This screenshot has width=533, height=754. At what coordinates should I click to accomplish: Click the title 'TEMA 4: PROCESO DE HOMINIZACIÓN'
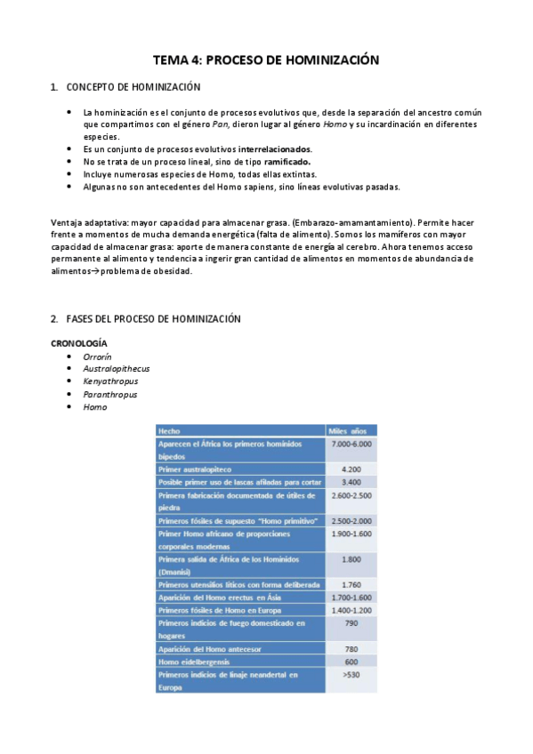(266, 60)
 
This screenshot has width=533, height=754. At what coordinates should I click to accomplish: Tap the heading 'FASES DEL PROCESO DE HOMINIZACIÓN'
(153, 318)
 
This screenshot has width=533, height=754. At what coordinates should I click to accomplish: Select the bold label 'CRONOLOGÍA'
(79, 342)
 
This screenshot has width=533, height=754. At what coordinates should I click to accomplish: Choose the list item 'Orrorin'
(97, 356)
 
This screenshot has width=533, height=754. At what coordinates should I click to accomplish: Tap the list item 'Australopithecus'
(116, 368)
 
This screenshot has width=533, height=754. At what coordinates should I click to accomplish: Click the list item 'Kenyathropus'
(108, 381)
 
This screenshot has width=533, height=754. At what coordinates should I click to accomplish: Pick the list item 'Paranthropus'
(109, 394)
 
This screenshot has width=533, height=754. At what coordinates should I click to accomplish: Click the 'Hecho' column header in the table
(169, 429)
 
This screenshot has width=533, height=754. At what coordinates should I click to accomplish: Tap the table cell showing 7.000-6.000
(351, 443)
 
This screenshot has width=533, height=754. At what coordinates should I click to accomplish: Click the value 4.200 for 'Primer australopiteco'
(351, 468)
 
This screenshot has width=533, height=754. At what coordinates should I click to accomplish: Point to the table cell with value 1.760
(351, 584)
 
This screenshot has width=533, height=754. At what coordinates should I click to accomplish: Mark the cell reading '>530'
(351, 675)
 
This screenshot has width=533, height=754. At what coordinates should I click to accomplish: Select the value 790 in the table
(351, 623)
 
